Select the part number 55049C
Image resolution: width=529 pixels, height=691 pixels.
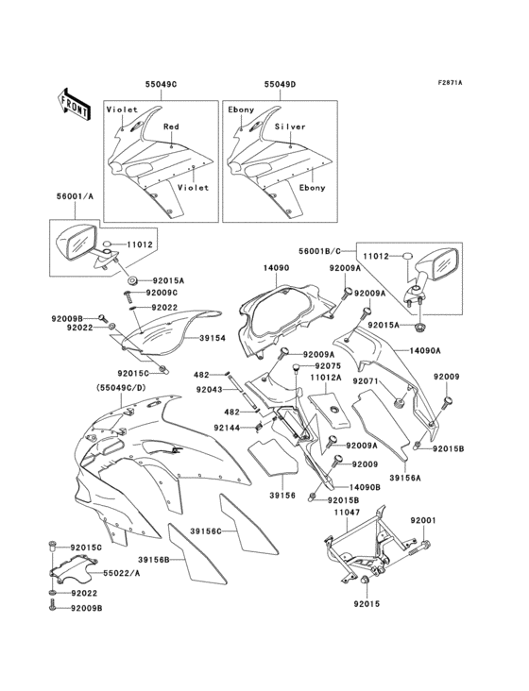tap(161, 84)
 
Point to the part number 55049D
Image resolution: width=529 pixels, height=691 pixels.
tap(281, 84)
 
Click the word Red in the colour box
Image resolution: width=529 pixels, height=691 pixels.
tap(171, 126)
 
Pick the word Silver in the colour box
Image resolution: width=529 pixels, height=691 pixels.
tap(291, 126)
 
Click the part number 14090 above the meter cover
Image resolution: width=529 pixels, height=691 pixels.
tap(275, 268)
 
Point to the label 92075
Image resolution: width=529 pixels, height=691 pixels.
tap(327, 365)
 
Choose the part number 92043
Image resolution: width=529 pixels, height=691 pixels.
tap(210, 389)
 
